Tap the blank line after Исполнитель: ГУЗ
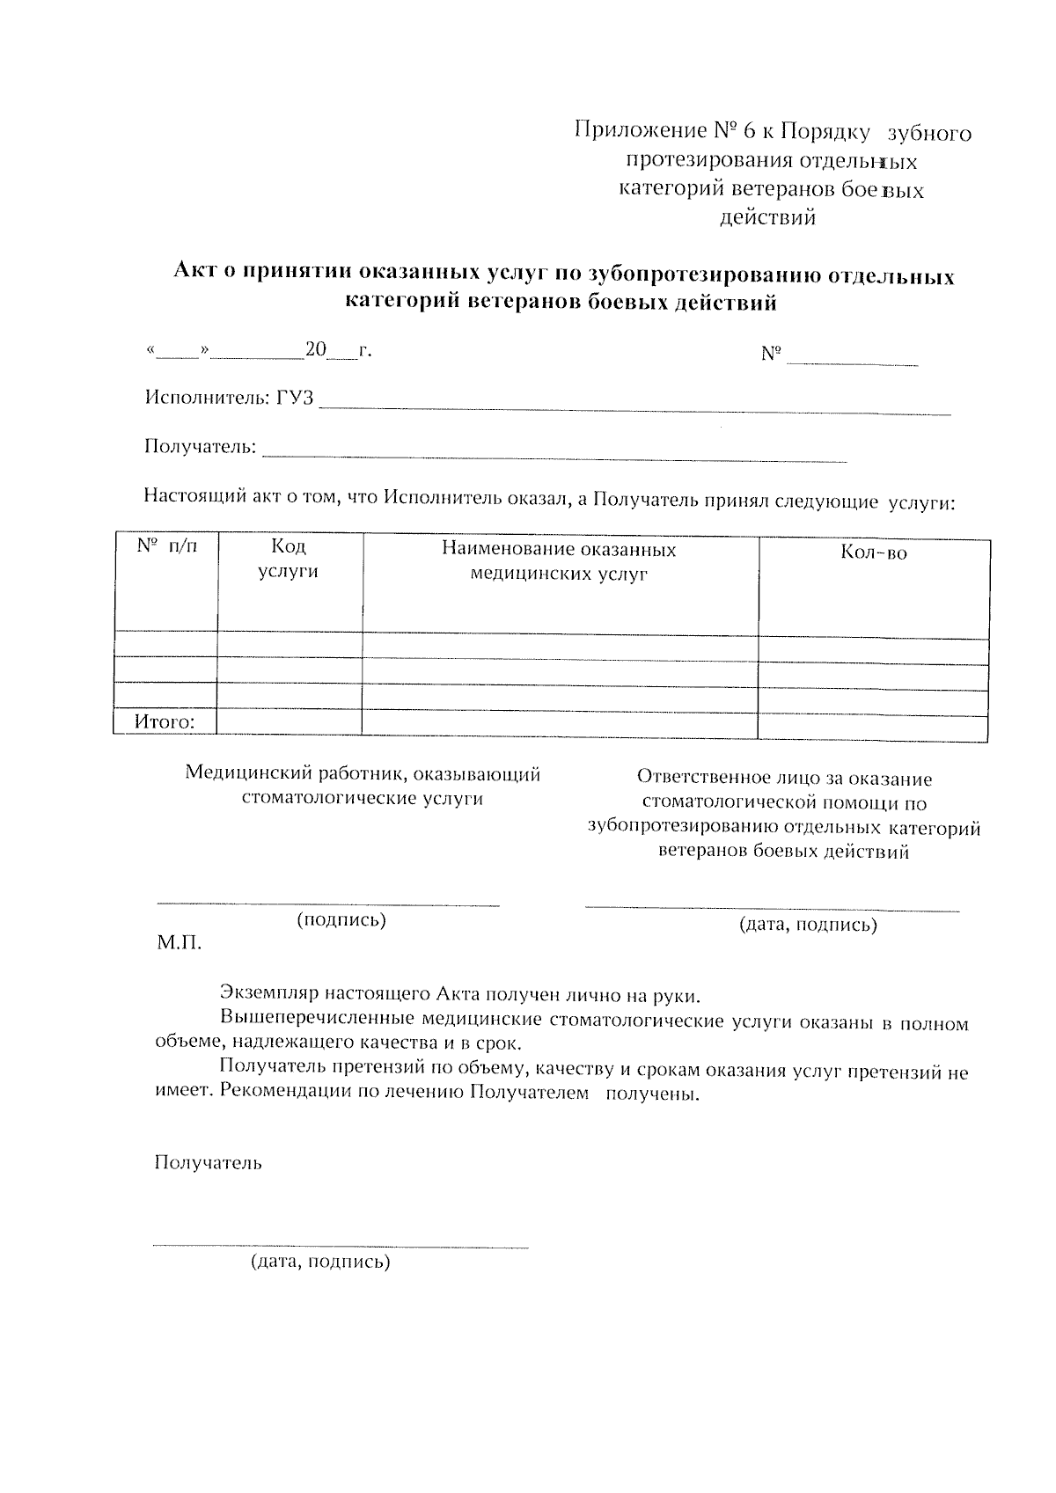(634, 407)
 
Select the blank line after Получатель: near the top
(554, 455)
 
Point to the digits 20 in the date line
(315, 350)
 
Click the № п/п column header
(167, 546)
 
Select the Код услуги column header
(289, 559)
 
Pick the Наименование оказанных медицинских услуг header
(559, 561)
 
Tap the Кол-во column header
(873, 553)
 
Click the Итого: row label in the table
(165, 722)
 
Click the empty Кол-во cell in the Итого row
(873, 726)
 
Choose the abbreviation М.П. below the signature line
(180, 944)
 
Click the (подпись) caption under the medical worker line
(341, 920)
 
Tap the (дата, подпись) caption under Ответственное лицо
(807, 925)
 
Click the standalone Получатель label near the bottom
(208, 1162)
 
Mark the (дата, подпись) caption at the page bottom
(320, 1262)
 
